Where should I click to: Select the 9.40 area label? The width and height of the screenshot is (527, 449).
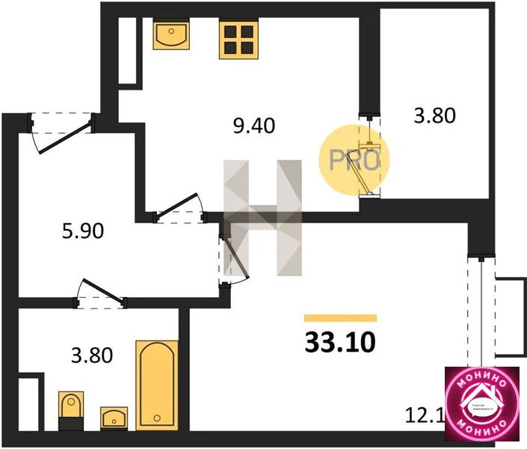pyautogui.click(x=254, y=126)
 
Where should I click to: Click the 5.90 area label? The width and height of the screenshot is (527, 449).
pyautogui.click(x=78, y=230)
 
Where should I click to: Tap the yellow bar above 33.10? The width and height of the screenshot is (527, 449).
pyautogui.click(x=340, y=317)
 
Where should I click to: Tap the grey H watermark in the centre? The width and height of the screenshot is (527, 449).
pyautogui.click(x=262, y=217)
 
